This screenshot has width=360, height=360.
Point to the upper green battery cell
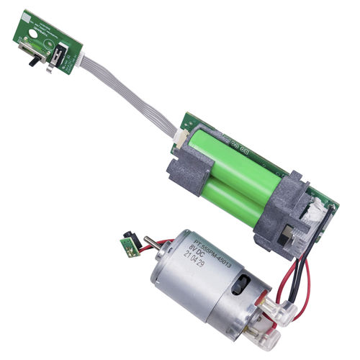[238, 162]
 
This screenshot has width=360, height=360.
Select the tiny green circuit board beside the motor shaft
[130, 246]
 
